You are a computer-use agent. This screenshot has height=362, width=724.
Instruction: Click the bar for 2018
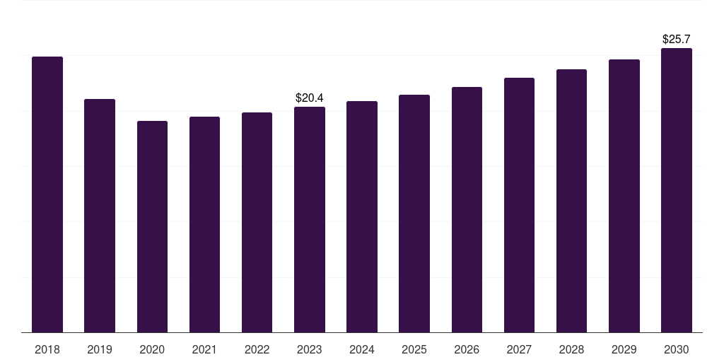(x=47, y=194)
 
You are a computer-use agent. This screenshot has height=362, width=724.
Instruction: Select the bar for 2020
(x=152, y=226)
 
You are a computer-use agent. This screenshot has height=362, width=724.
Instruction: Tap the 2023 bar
(x=310, y=219)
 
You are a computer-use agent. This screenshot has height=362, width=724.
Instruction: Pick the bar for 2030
(x=677, y=190)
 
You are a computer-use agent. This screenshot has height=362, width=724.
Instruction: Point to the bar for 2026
(x=467, y=209)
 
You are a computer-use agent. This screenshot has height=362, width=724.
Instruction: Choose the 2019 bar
(x=100, y=216)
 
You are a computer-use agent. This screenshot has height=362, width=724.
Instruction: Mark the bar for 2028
(x=571, y=201)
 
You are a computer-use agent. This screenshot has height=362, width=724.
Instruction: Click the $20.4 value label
(x=310, y=98)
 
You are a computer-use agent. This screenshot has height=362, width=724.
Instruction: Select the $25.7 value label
(x=677, y=40)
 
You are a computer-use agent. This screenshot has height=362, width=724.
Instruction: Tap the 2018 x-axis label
(x=47, y=349)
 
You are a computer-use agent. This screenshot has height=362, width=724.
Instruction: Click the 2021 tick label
(x=204, y=349)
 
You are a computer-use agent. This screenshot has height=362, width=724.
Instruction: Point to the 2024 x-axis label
(x=362, y=349)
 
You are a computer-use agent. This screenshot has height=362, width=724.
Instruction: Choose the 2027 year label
(x=519, y=349)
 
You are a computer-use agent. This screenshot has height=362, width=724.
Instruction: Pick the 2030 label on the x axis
(x=677, y=349)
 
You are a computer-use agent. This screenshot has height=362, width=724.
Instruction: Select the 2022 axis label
(x=257, y=349)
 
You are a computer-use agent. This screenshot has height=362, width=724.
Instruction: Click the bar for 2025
(x=414, y=214)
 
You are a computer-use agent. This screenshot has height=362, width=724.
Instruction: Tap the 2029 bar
(x=624, y=196)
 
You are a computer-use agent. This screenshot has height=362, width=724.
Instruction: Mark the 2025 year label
(x=414, y=349)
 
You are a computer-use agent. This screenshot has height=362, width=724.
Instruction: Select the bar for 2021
(x=204, y=224)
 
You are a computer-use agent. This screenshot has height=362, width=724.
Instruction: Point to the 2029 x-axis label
(x=624, y=349)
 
